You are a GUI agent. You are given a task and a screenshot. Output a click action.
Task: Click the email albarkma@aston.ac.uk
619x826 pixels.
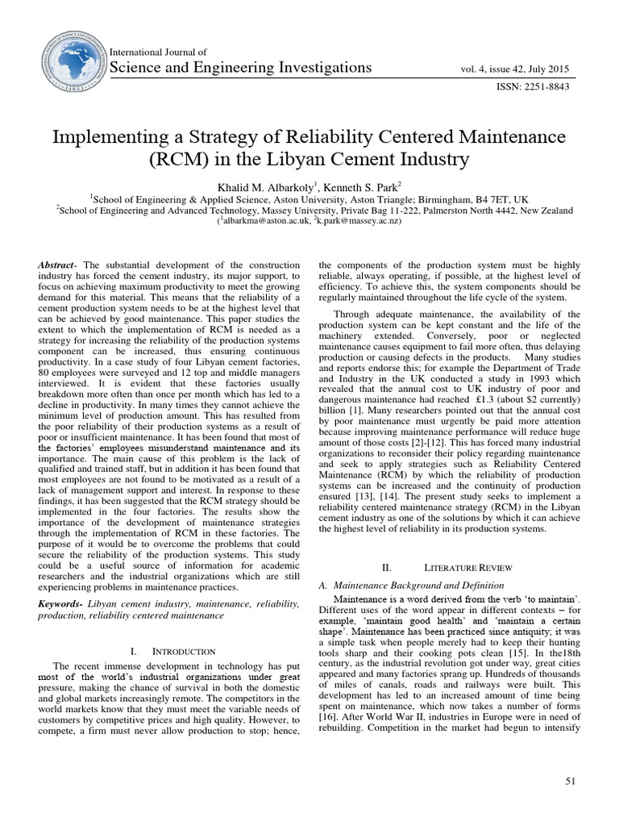pyautogui.click(x=262, y=221)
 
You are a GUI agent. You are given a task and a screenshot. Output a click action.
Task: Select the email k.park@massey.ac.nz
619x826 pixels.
pyautogui.click(x=355, y=221)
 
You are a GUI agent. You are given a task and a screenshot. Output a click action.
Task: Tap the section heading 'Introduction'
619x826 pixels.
pyautogui.click(x=184, y=650)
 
